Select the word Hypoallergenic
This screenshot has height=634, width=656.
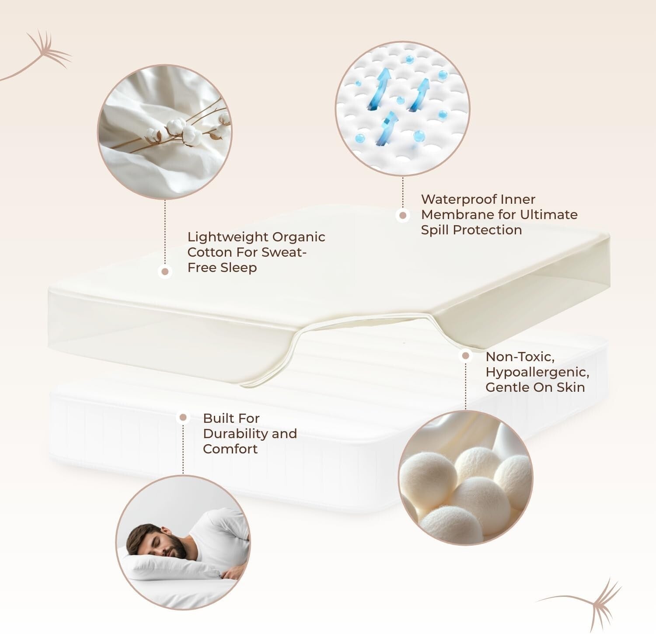pyautogui.click(x=537, y=372)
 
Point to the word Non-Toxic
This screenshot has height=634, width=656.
pyautogui.click(x=520, y=357)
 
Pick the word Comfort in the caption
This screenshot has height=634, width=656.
pyautogui.click(x=230, y=449)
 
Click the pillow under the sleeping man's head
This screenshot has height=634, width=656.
pyautogui.click(x=166, y=568)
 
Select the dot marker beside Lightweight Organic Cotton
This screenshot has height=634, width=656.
pyautogui.click(x=165, y=272)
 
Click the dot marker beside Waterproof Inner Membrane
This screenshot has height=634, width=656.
pyautogui.click(x=402, y=215)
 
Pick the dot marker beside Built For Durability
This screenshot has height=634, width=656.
pyautogui.click(x=183, y=418)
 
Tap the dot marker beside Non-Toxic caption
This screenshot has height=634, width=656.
pyautogui.click(x=465, y=356)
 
